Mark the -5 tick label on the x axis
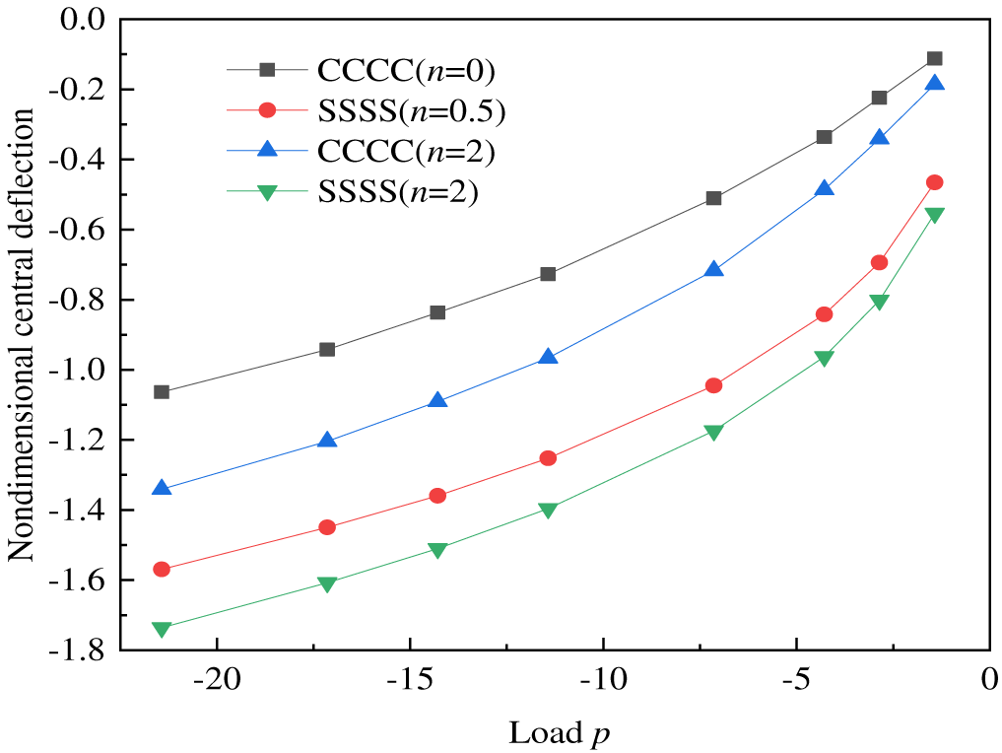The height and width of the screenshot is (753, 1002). coord(796,682)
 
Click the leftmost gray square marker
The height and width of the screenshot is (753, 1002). coord(162,392)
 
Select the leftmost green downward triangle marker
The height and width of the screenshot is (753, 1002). coord(162,629)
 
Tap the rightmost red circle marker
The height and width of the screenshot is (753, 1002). coord(934,182)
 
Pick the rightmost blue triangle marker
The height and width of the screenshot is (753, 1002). coord(934,84)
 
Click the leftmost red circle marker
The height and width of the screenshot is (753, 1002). coord(162,569)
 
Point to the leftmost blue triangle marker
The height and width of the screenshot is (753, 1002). coord(162,488)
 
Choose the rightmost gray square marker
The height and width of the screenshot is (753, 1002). coord(934,59)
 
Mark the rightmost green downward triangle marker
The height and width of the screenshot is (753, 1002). coord(934,215)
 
